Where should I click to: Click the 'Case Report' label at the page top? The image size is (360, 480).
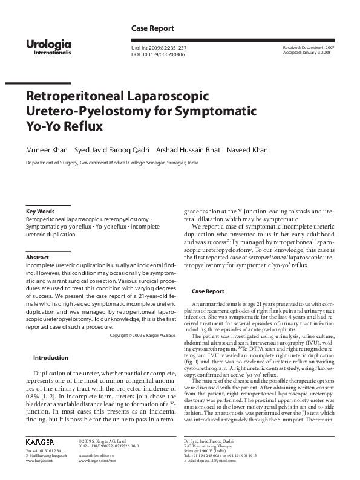click(x=152, y=28)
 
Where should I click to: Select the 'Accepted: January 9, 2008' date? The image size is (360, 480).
click(x=307, y=53)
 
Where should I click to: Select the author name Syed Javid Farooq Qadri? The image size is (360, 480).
click(x=112, y=149)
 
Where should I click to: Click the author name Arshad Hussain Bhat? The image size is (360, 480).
click(x=188, y=149)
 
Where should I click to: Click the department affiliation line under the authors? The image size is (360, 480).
click(x=112, y=163)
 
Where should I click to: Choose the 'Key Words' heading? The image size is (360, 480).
click(x=40, y=211)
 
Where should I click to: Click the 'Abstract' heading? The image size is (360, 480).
click(x=38, y=258)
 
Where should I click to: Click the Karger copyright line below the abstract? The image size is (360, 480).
click(x=143, y=335)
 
